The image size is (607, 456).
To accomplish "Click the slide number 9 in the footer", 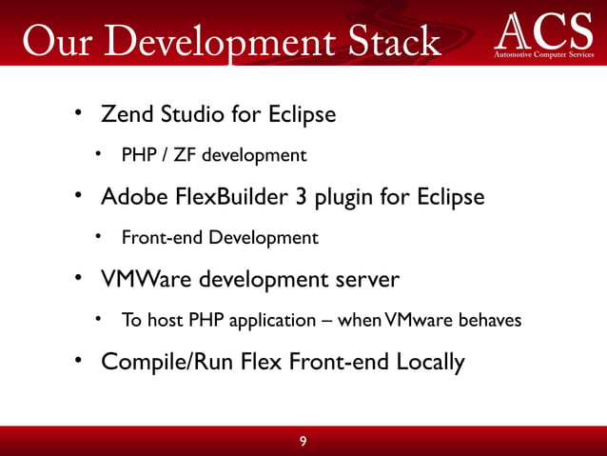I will (303, 441).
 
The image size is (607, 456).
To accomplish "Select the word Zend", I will (127, 115).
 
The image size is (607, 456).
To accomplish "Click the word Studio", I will (193, 115).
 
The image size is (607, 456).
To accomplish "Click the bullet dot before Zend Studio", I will (80, 115).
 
